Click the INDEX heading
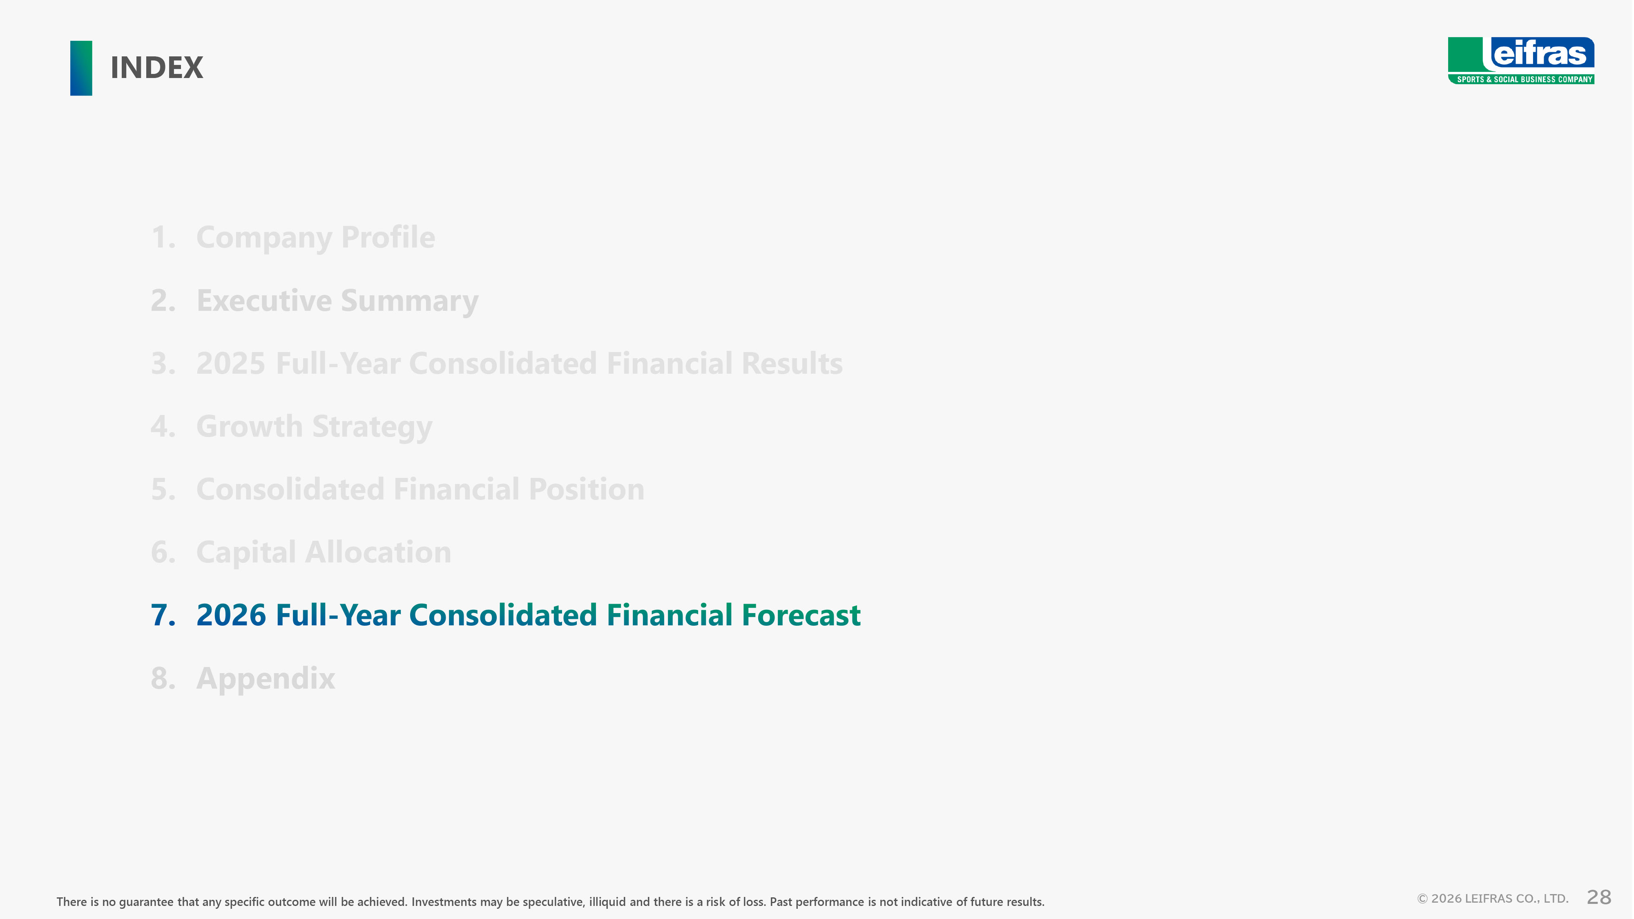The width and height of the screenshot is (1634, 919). (157, 68)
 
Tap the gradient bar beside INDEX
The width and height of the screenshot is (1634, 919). (81, 68)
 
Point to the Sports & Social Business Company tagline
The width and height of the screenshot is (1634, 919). (1524, 79)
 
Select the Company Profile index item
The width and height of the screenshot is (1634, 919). (315, 238)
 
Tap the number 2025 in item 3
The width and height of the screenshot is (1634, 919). (231, 364)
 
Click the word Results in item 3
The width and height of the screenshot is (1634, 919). (792, 364)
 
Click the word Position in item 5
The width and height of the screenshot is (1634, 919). (586, 489)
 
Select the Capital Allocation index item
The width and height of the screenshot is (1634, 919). (324, 552)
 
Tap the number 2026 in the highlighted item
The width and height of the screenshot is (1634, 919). (231, 615)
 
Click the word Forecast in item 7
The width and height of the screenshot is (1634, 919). (801, 615)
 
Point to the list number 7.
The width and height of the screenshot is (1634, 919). (163, 615)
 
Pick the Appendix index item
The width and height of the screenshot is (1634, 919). (265, 678)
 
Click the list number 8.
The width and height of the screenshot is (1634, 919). (163, 678)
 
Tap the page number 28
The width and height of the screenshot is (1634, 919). (1598, 897)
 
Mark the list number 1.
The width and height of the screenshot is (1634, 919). (163, 238)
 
